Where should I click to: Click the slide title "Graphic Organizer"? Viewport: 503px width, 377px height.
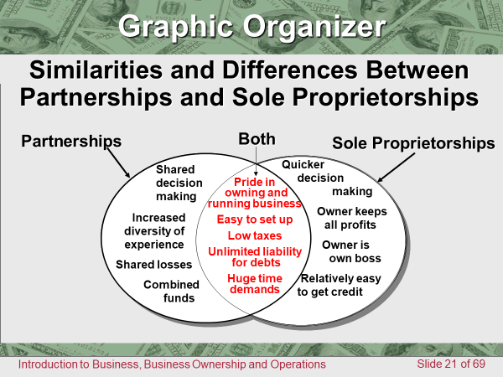click(x=252, y=27)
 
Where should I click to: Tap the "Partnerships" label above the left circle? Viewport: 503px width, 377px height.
click(x=71, y=141)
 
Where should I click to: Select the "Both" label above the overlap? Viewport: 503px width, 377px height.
click(x=257, y=139)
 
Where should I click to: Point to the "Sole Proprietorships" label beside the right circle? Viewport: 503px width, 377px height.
click(x=413, y=143)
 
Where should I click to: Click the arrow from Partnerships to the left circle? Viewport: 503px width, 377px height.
click(x=118, y=163)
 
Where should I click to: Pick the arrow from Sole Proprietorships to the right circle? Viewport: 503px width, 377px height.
click(x=397, y=168)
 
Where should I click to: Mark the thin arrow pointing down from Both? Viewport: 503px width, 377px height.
click(x=256, y=161)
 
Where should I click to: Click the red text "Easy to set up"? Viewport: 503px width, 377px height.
click(x=255, y=219)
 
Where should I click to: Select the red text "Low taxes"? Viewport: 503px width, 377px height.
click(x=255, y=235)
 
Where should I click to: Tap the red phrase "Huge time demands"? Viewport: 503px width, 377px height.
click(x=255, y=284)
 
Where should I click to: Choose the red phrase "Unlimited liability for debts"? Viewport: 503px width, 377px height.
click(x=255, y=257)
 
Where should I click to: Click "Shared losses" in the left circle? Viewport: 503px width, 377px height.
click(x=153, y=265)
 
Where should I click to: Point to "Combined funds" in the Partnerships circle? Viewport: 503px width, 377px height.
click(x=171, y=291)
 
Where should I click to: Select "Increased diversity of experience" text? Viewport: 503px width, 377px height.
click(x=154, y=231)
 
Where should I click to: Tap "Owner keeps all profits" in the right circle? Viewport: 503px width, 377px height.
click(x=351, y=218)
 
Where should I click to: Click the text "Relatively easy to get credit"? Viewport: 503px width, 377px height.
click(x=340, y=285)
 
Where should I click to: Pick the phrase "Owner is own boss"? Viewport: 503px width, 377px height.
click(x=351, y=251)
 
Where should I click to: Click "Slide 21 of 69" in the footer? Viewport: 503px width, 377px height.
click(x=451, y=364)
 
